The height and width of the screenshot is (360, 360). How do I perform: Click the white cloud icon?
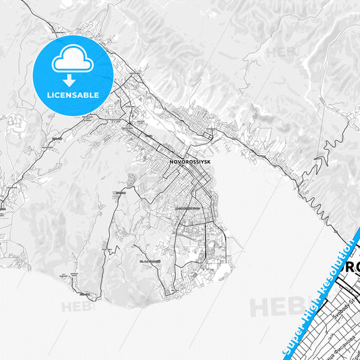point(73,60)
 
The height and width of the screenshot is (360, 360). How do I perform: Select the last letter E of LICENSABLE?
point(97,95)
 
